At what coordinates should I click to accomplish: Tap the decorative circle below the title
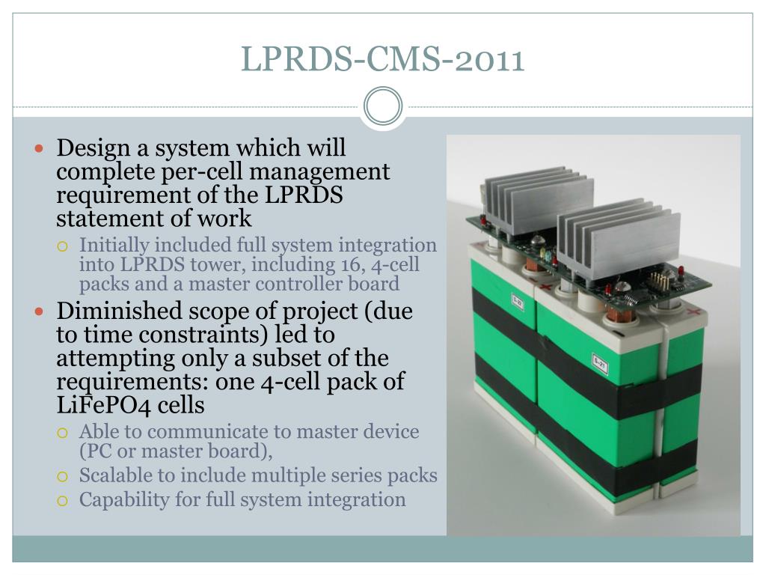click(x=383, y=106)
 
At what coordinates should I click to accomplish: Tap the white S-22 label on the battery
click(x=517, y=301)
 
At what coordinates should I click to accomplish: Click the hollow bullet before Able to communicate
click(x=64, y=433)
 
